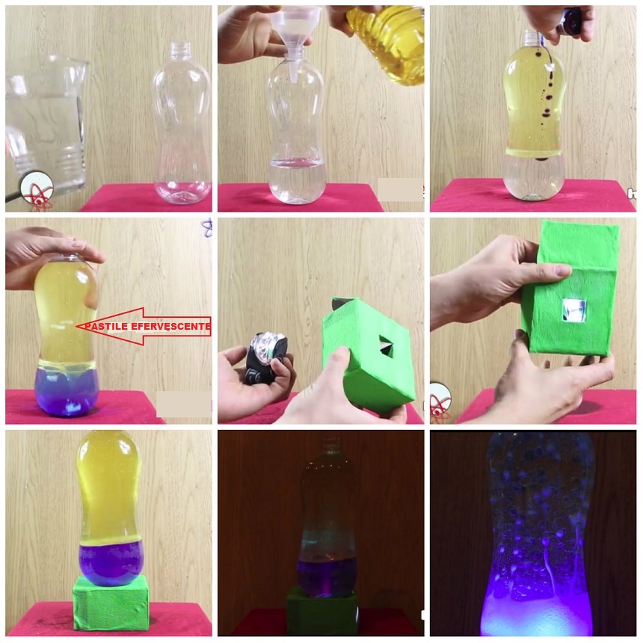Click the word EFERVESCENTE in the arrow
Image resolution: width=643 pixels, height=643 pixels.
pos(171,327)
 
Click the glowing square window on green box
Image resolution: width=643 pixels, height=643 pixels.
pos(574,310)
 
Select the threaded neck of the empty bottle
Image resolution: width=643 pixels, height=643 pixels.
pos(180,50)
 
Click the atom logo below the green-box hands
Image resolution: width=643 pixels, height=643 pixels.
pos(440,403)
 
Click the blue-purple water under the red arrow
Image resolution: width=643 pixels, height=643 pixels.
pos(66,391)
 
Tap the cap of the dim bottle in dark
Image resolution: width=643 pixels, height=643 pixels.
pos(330,443)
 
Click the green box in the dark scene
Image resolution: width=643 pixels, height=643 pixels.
pos(322,611)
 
